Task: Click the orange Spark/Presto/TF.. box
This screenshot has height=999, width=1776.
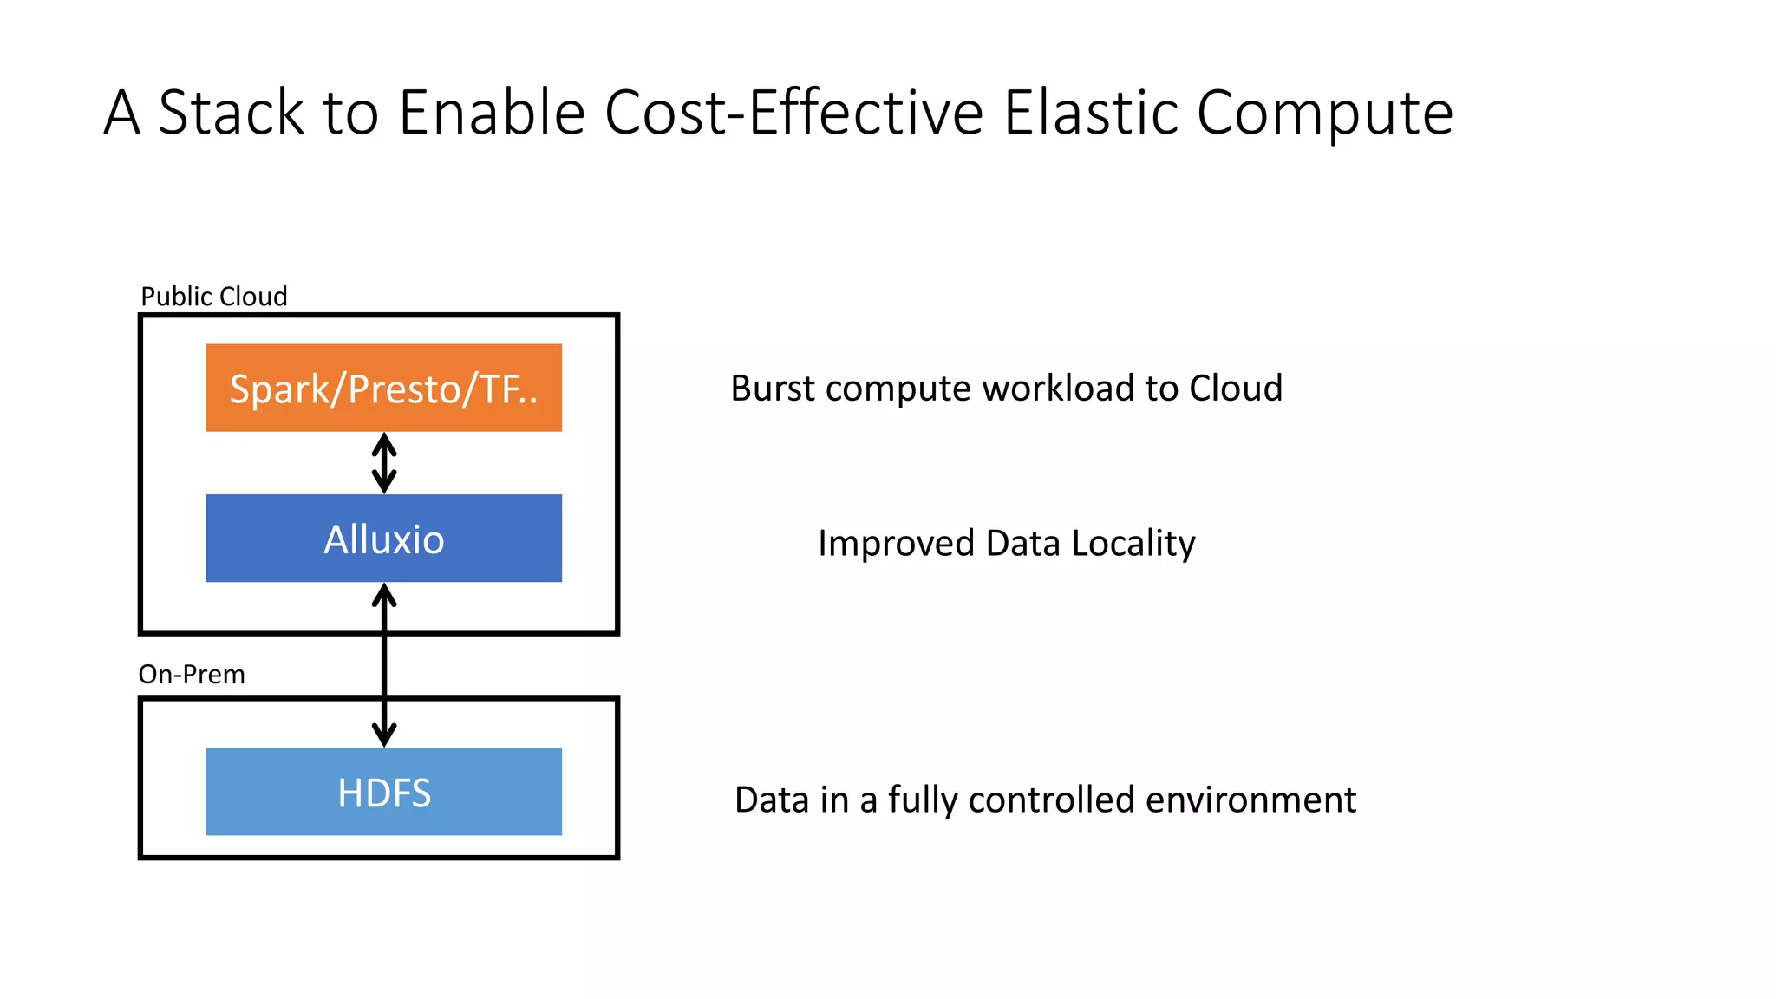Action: [x=383, y=388]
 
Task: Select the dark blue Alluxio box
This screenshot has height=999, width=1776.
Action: [x=383, y=539]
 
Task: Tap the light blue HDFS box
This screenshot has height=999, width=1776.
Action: [x=383, y=792]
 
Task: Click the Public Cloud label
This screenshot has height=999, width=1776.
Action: [x=213, y=297]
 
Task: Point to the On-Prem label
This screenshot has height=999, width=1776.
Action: [x=192, y=675]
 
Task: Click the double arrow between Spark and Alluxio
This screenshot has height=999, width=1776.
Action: [x=384, y=463]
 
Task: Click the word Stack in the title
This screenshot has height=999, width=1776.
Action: [x=231, y=113]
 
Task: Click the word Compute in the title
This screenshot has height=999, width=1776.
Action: [x=1324, y=114]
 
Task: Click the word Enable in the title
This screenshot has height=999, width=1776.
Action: [x=492, y=113]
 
